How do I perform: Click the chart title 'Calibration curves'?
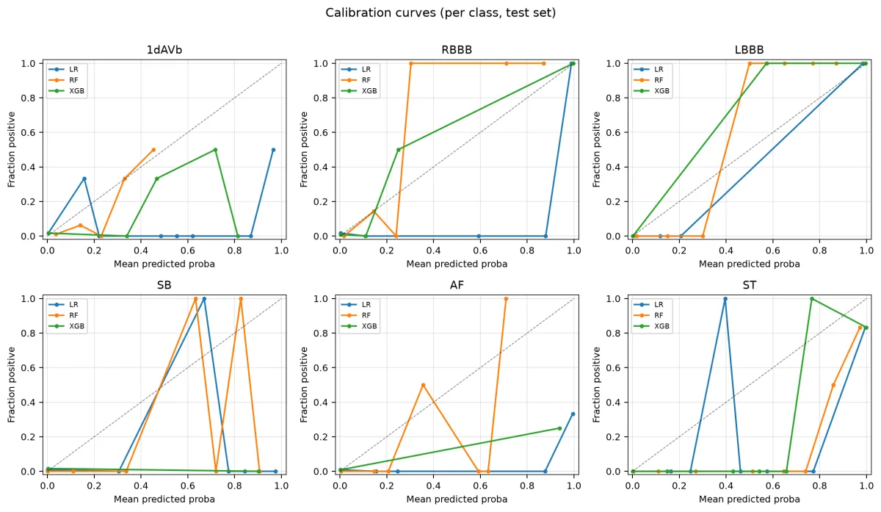tap(380, 13)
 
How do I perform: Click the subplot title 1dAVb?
tap(164, 50)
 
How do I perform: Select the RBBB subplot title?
tap(457, 50)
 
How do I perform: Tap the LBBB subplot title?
tap(750, 50)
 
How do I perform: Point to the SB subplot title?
tap(164, 285)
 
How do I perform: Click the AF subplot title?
tap(457, 285)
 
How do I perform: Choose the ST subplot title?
tap(750, 285)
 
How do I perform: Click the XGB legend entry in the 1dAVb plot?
tap(66, 91)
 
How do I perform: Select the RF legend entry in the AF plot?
tap(356, 315)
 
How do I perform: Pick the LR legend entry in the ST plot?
tap(648, 305)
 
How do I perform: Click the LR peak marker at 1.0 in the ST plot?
tap(725, 299)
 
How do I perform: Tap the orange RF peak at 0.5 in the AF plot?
tap(423, 385)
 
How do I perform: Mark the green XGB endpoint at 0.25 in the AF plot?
tap(559, 428)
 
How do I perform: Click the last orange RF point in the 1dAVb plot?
tap(153, 150)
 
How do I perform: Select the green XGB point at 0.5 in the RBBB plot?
tap(398, 150)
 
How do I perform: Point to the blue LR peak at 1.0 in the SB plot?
tap(204, 299)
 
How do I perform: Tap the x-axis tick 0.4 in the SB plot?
tap(141, 486)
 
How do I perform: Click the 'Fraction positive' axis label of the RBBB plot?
tap(304, 150)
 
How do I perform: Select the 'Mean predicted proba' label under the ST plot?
tap(750, 500)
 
